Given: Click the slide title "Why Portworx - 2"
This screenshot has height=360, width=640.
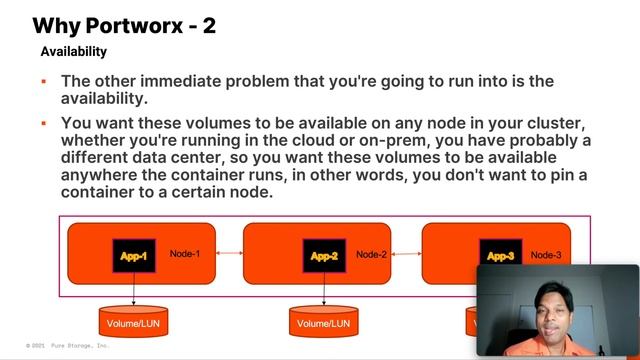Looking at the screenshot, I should coord(124,25).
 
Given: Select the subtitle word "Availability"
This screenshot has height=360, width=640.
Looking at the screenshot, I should coord(73,51).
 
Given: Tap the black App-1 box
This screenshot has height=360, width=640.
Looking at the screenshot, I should coord(134,256).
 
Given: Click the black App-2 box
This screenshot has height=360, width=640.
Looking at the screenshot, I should coord(324,256).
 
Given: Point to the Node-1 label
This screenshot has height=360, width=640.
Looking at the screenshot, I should coord(185,254).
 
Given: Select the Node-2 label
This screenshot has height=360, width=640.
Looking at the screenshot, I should coord(371,255).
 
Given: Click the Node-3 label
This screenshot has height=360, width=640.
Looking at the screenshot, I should coord(546,255).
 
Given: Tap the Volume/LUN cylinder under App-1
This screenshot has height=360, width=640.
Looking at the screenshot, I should coord(134,322).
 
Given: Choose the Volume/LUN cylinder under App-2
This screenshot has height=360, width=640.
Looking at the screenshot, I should coord(323,322).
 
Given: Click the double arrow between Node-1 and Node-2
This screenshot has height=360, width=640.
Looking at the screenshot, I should coord(229,254).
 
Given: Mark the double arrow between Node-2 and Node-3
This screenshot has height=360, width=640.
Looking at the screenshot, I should coord(404,254).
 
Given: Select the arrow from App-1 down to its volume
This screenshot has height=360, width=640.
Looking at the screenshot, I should coord(134,289).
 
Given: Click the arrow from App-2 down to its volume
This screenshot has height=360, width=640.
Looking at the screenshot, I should coord(324,289).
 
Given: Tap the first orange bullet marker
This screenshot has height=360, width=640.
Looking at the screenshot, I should coord(44,81).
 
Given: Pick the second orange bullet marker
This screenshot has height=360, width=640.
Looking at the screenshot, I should coord(44,123).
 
